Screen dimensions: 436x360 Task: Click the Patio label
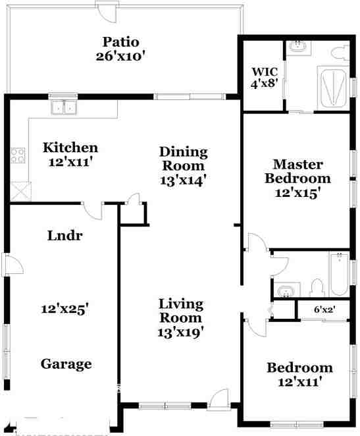click(120, 41)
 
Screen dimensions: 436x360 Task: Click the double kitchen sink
click(64, 107)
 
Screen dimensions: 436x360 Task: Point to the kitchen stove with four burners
click(18, 155)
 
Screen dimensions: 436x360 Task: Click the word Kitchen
click(70, 148)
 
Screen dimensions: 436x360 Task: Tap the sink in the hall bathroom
click(286, 290)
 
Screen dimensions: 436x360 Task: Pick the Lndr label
click(64, 236)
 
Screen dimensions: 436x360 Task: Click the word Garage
click(66, 364)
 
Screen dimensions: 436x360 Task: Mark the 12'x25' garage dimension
click(64, 308)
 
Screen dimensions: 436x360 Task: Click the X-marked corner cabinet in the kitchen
click(20, 192)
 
